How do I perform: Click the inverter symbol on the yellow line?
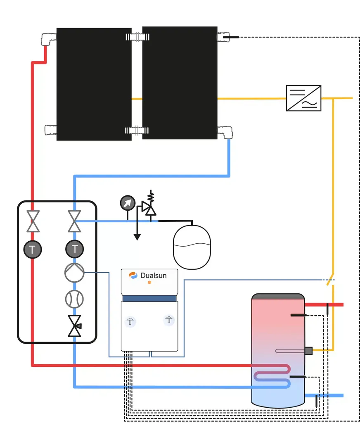303,98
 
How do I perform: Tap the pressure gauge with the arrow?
128,202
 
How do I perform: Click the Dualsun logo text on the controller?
153,276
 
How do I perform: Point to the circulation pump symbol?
74,273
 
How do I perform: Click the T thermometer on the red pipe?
32,249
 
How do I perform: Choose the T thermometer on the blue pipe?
74,249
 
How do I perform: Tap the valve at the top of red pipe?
32,221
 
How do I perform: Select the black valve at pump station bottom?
75,326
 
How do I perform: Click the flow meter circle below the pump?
74,299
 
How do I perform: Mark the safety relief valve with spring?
149,205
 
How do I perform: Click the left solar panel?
94,84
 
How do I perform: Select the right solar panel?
180,83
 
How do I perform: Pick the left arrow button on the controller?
130,321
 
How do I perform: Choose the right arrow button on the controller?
168,319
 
